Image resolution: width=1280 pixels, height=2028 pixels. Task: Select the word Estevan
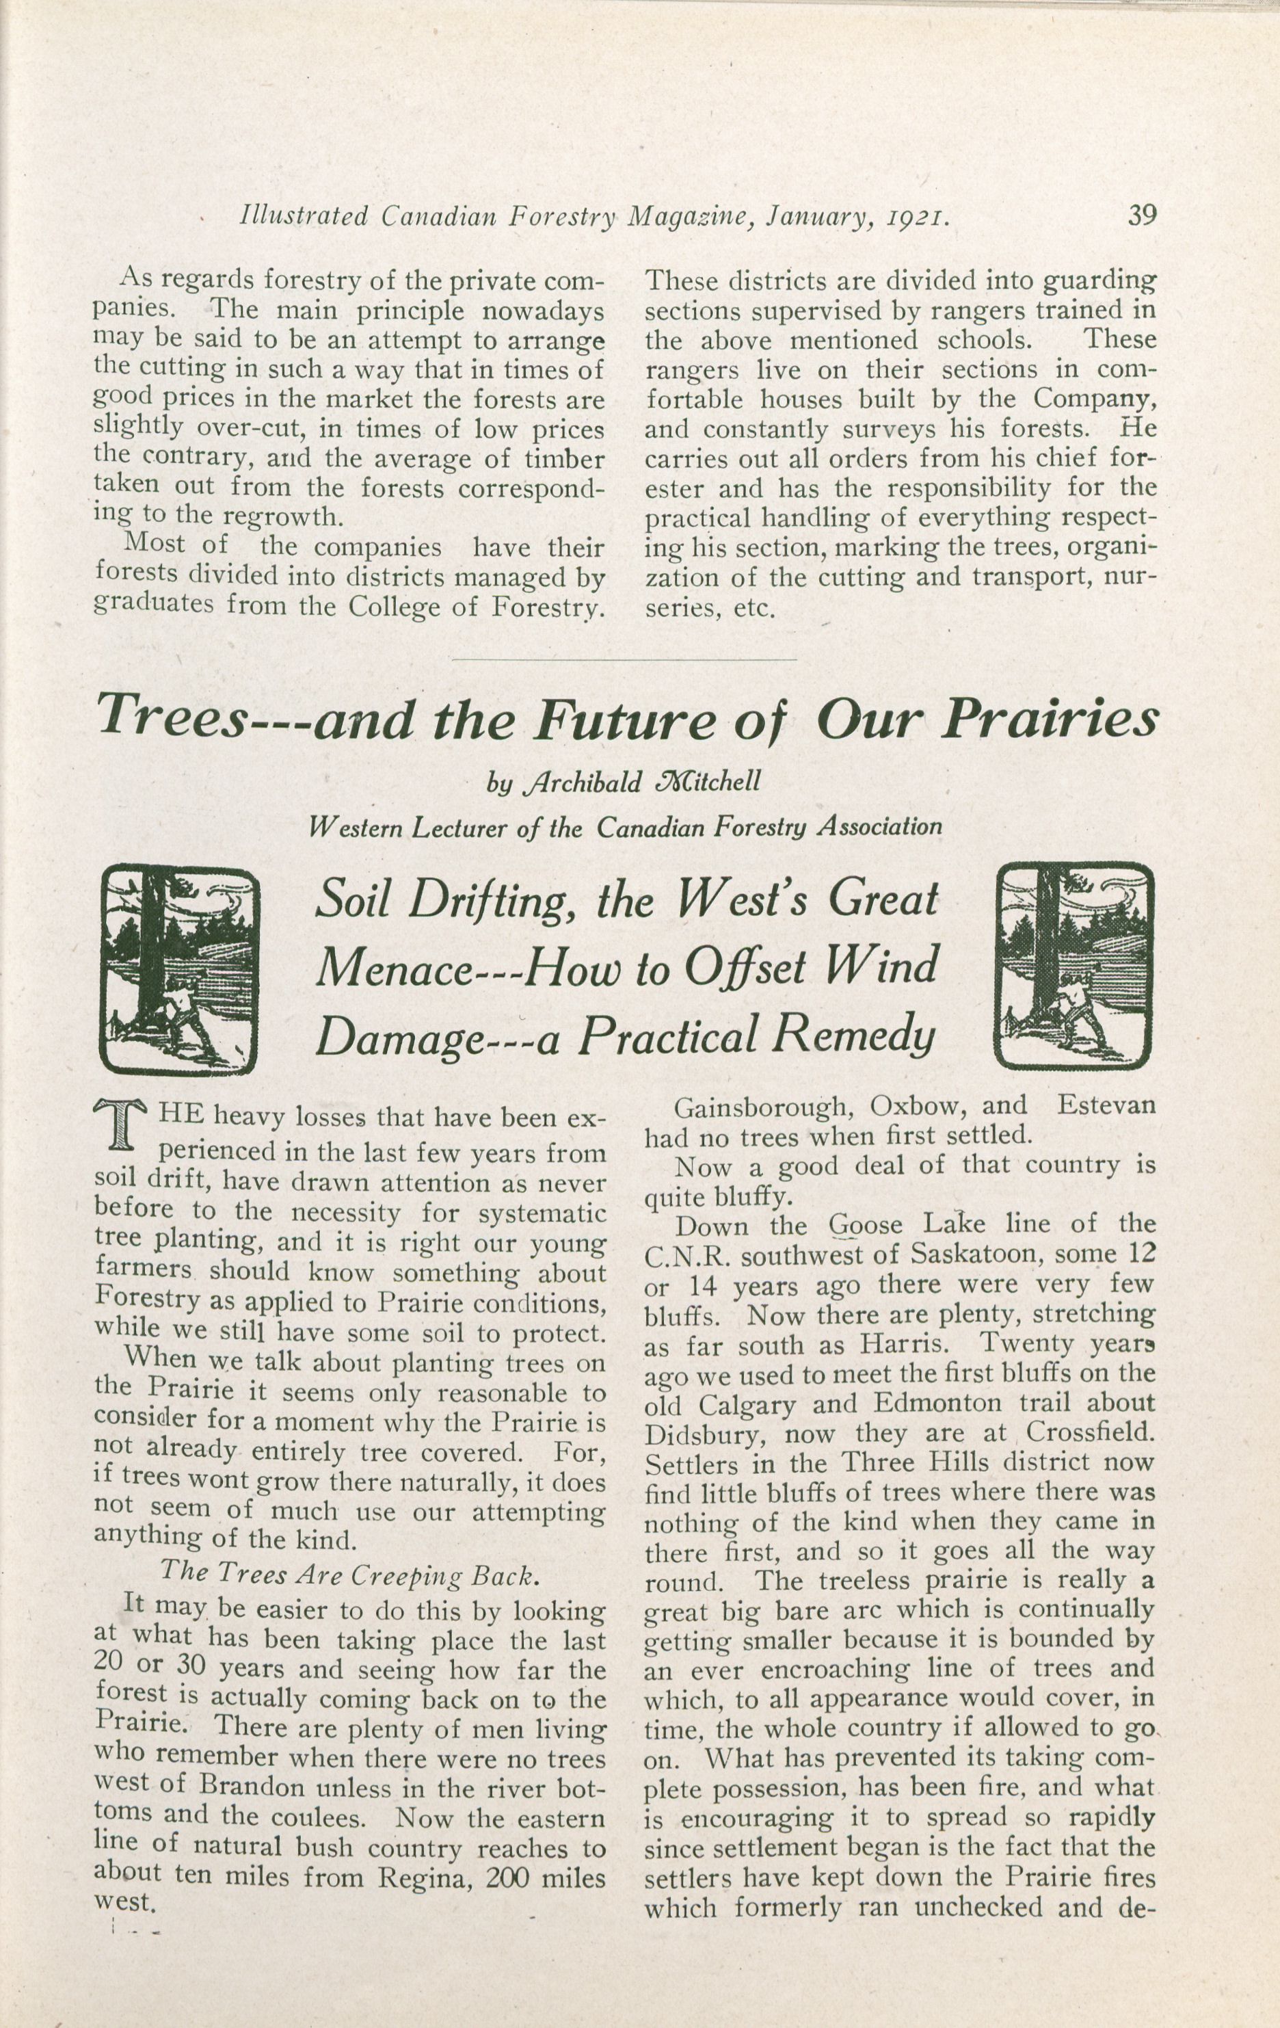[x=1106, y=1104]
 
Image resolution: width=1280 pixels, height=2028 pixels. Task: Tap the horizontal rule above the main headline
[x=624, y=658]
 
